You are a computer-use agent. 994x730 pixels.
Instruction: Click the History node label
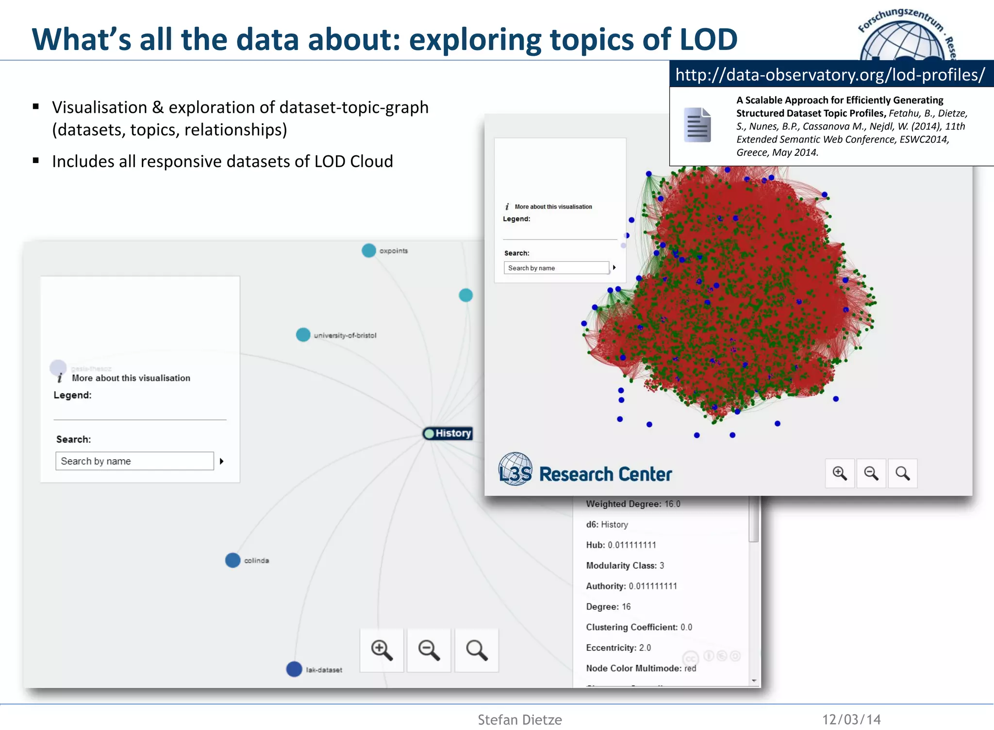(x=452, y=433)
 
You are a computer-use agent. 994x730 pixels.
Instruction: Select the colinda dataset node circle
(x=233, y=560)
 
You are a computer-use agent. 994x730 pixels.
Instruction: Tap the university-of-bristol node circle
(x=303, y=334)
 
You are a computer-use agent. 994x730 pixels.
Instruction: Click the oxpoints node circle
(x=369, y=250)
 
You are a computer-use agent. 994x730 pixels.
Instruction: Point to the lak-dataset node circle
(x=294, y=669)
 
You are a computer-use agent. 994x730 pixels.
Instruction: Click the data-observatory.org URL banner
(x=830, y=75)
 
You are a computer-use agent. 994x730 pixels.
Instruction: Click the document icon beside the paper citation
(x=697, y=125)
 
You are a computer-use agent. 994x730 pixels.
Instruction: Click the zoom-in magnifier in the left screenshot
(x=381, y=650)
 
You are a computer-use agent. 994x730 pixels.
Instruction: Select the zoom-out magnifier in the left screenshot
(x=429, y=650)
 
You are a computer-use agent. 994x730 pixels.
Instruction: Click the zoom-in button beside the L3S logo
(x=840, y=473)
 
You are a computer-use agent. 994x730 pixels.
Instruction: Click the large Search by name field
(x=134, y=461)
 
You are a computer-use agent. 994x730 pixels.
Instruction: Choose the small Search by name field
(x=556, y=268)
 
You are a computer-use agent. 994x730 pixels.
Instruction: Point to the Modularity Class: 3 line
(x=625, y=565)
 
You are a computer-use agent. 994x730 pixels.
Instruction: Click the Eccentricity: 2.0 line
(x=618, y=647)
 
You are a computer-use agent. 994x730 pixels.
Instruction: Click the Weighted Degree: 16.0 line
(x=633, y=504)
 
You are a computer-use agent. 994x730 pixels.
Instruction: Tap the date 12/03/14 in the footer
(x=851, y=719)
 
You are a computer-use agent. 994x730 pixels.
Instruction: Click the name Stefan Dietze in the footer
(x=519, y=719)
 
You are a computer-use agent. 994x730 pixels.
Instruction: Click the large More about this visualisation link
(x=131, y=378)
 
